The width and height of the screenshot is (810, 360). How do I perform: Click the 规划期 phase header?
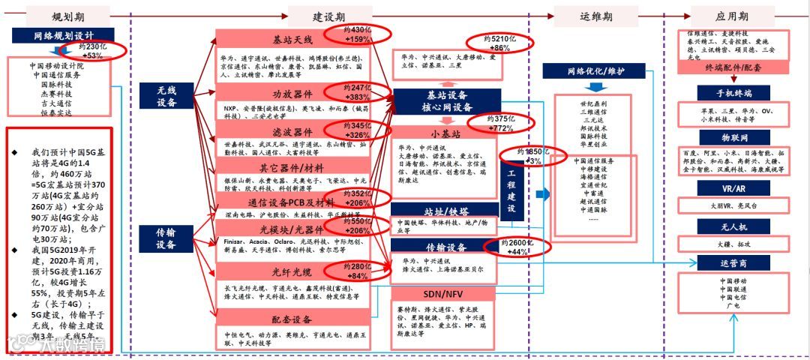click(x=64, y=15)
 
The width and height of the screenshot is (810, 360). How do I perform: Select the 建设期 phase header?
click(x=328, y=15)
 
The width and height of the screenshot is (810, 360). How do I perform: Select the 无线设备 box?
click(x=166, y=96)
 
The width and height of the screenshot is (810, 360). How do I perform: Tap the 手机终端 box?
click(x=724, y=92)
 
